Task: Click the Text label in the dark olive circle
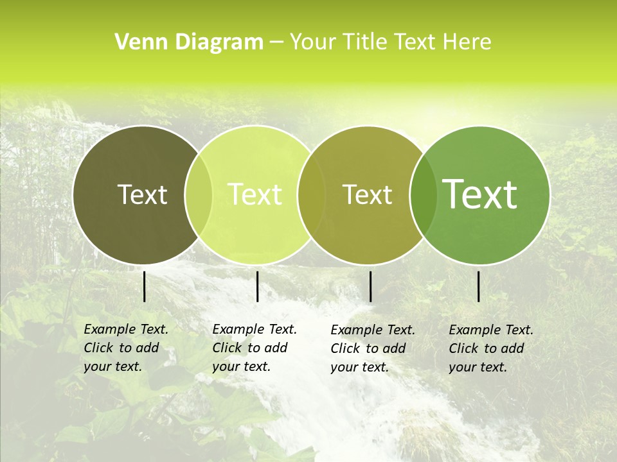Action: coord(142,194)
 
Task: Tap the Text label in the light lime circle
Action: coord(255,194)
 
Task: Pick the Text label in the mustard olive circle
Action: coord(367,194)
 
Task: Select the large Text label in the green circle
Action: coord(479,194)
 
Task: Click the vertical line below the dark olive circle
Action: coord(144,286)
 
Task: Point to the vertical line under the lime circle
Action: coord(257,286)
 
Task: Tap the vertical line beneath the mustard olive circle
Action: coord(370,286)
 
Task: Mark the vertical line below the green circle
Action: coord(479,286)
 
